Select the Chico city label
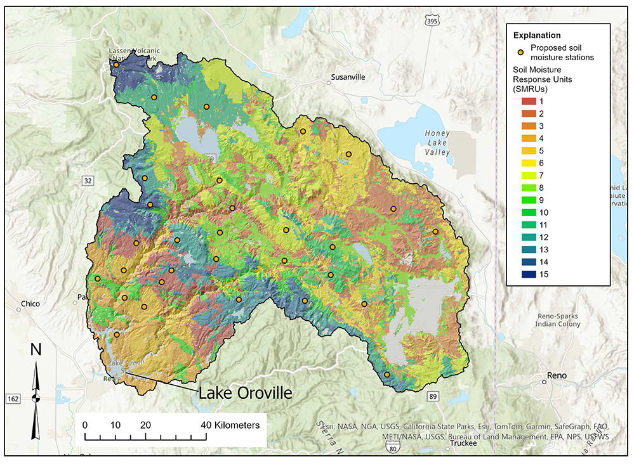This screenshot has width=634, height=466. (x=30, y=304)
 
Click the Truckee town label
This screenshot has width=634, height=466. (x=463, y=444)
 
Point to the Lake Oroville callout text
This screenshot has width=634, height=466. (x=246, y=392)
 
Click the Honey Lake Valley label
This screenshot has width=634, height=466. (x=438, y=143)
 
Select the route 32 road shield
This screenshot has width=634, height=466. (x=88, y=181)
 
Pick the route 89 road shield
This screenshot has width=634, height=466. (x=433, y=396)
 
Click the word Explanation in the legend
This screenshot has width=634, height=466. (x=536, y=35)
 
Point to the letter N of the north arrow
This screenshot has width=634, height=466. (x=36, y=349)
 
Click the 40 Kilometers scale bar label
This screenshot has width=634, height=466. (x=230, y=425)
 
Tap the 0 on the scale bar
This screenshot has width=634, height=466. (x=84, y=425)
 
